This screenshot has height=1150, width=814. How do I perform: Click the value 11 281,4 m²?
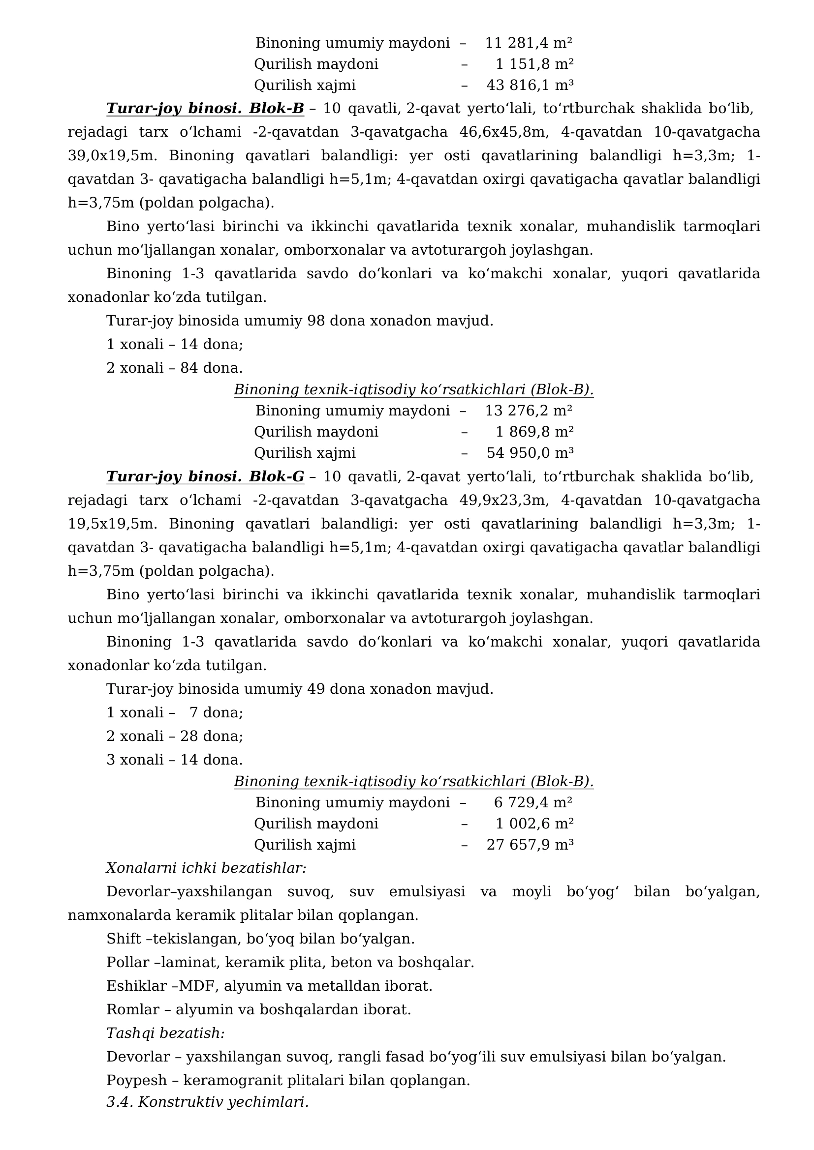(x=528, y=43)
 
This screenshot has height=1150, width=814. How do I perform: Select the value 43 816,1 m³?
(x=530, y=85)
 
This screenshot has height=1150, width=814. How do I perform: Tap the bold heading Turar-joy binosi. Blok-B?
(x=205, y=109)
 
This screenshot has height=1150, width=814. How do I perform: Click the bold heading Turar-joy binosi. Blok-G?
(x=205, y=477)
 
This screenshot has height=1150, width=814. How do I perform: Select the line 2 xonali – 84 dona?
(x=174, y=368)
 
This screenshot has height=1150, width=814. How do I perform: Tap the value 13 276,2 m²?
(x=528, y=411)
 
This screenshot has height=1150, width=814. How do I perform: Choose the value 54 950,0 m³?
(x=530, y=453)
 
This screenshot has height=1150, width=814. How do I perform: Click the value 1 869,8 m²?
(x=534, y=432)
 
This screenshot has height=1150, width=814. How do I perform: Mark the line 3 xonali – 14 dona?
(x=174, y=760)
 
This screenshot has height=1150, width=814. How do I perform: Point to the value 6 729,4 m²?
(x=533, y=802)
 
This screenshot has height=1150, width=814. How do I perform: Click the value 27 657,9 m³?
(x=530, y=845)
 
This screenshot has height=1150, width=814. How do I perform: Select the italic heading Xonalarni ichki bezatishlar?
(x=206, y=868)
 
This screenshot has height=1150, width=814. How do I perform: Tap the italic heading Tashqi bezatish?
(x=165, y=1033)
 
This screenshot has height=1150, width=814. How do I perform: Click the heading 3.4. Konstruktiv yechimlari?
(x=208, y=1102)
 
